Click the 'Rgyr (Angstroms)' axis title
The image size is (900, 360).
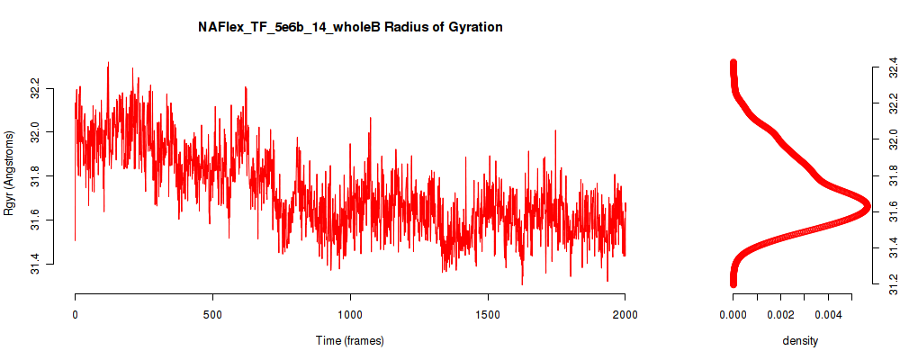[9, 173]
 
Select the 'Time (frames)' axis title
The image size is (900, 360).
[349, 340]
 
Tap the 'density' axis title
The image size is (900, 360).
[800, 340]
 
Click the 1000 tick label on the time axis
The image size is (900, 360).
[350, 314]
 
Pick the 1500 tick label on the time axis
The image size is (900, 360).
[488, 314]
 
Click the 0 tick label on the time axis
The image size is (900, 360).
[76, 314]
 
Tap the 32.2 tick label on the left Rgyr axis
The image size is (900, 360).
[35, 89]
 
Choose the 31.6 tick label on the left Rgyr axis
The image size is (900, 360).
[35, 220]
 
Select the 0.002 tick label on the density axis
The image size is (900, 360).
[780, 314]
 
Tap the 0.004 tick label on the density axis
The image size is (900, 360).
[828, 314]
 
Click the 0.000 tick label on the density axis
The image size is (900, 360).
[733, 314]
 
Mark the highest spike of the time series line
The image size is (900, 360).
[108, 62]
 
